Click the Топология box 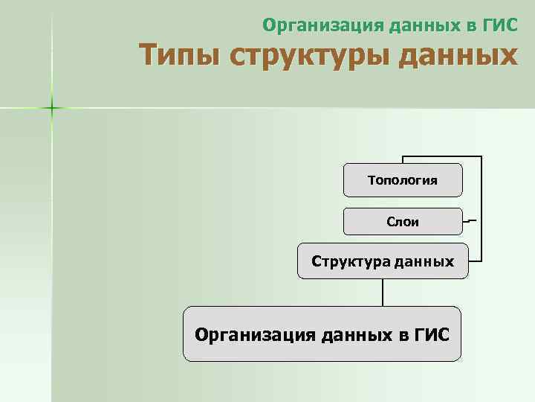(402, 181)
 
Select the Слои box (402, 221)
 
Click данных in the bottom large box (353, 334)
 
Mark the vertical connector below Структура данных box (383, 292)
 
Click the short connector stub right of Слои (470, 221)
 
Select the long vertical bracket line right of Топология (481, 208)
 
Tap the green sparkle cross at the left (52, 109)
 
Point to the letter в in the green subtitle (466, 26)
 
